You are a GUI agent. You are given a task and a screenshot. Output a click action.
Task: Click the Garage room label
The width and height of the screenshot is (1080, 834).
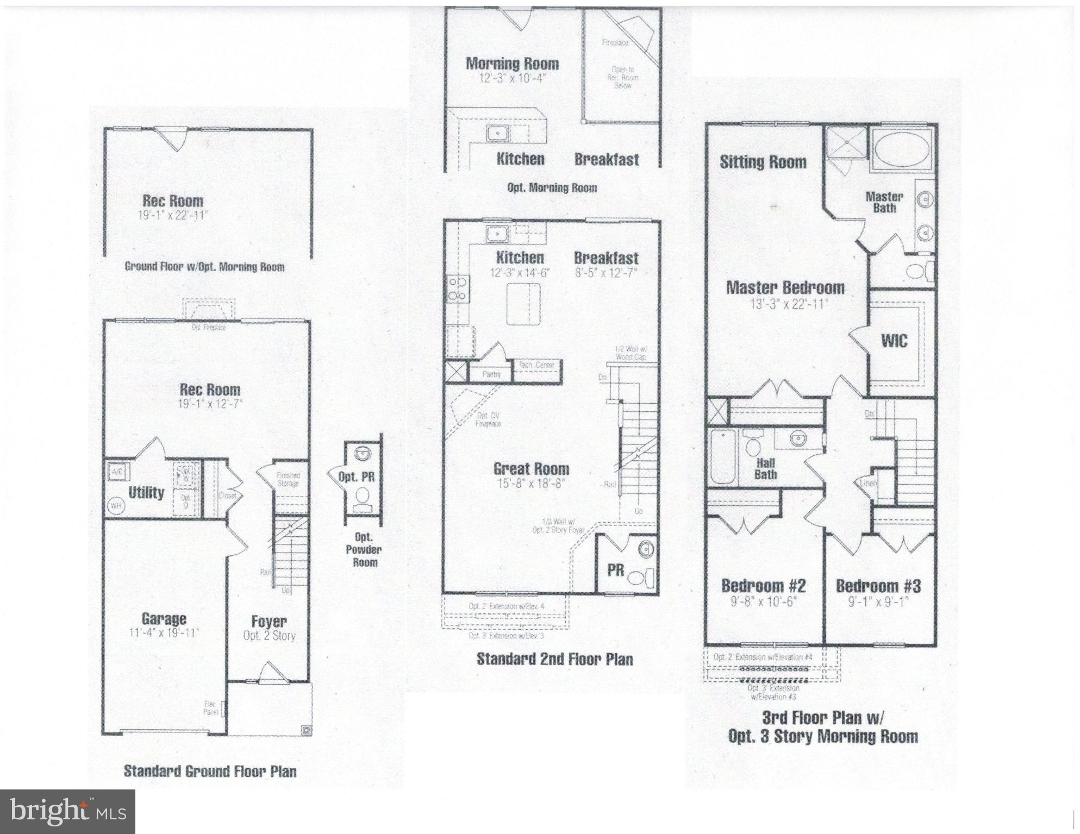[x=164, y=619]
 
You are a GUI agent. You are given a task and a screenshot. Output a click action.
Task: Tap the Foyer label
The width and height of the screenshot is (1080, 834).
[x=269, y=622]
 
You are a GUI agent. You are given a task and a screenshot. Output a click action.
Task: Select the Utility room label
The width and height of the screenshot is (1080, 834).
[x=146, y=493]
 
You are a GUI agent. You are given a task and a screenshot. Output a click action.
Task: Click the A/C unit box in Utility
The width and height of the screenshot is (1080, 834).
[x=117, y=472]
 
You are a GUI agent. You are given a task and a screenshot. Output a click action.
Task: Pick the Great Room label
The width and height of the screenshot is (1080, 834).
[x=531, y=469]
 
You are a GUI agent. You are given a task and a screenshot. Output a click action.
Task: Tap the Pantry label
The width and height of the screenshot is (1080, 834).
[x=492, y=374]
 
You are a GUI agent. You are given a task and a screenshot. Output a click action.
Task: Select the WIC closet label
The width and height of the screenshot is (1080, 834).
[x=894, y=341]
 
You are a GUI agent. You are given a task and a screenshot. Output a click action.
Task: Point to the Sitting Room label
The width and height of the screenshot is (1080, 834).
[x=763, y=162]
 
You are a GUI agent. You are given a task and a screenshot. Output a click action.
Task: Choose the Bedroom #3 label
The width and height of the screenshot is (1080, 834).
[x=878, y=586]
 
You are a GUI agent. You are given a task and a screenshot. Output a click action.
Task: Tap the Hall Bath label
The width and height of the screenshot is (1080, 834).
[x=765, y=469]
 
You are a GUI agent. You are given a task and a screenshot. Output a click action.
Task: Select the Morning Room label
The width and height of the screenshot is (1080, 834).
[x=512, y=64]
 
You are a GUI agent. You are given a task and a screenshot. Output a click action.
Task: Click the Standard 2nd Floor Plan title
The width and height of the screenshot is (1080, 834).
[x=554, y=659]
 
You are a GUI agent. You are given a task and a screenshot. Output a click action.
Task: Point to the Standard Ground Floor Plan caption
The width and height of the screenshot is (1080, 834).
[x=210, y=771]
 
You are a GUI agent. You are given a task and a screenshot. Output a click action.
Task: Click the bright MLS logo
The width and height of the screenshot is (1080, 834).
[x=67, y=812]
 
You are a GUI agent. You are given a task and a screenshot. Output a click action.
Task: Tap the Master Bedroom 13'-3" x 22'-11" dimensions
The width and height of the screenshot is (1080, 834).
[x=785, y=304]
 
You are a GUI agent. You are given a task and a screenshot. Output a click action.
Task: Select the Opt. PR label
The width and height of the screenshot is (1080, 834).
[x=357, y=477]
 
